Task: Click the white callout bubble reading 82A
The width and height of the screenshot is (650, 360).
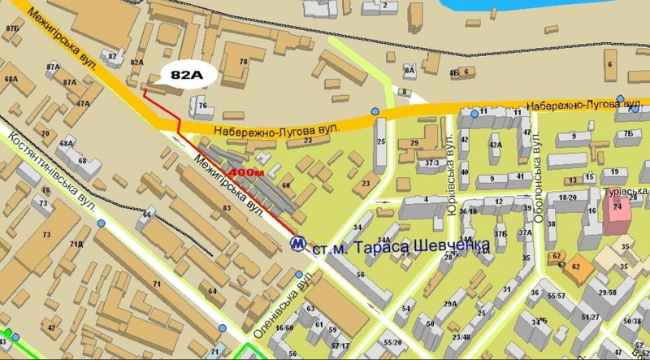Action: tap(186, 75)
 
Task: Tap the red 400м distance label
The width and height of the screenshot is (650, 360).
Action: tap(246, 173)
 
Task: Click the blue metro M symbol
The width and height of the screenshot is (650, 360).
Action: tap(299, 243)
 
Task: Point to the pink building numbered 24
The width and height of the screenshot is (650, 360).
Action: tap(618, 208)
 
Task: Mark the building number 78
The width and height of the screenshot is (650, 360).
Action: tap(243, 62)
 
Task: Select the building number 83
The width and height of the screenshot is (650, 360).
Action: tap(227, 209)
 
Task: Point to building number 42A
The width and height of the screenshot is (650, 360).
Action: tap(494, 145)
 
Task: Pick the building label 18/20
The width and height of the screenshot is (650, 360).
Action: tap(568, 197)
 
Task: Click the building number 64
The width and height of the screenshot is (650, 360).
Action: tap(212, 291)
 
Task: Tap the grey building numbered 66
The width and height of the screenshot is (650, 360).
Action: tap(147, 215)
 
